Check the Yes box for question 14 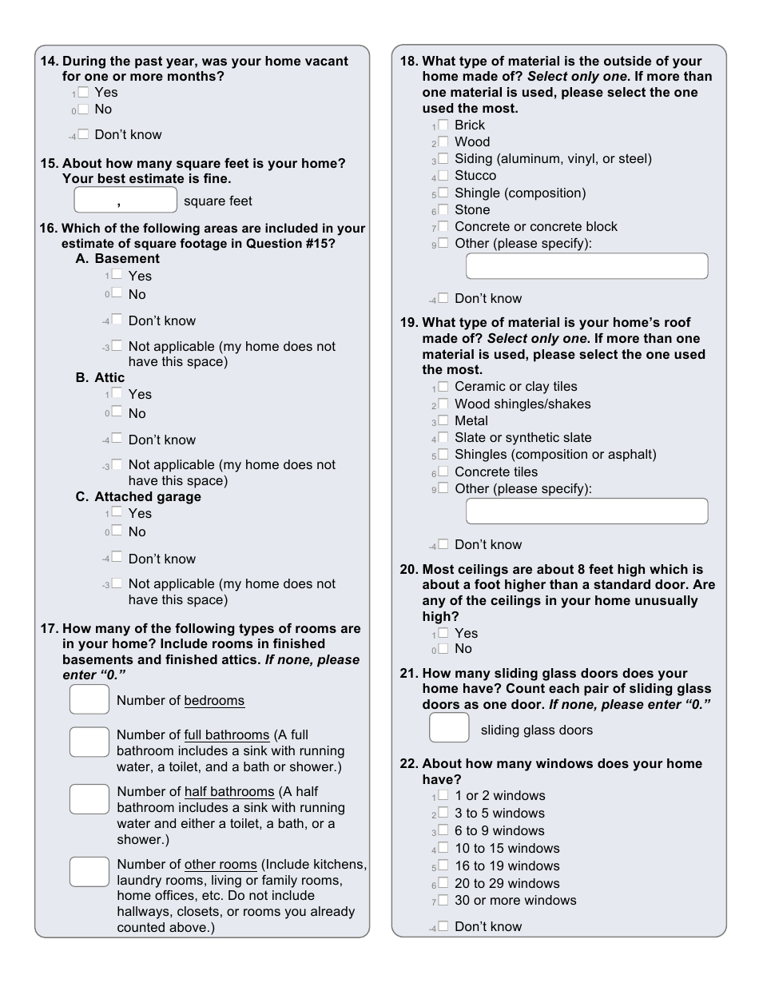83,92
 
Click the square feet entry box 125,200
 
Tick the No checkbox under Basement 117,293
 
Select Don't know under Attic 117,439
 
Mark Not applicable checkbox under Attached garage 117,583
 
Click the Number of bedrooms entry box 89,700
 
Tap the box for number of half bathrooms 89,798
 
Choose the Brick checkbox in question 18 443,125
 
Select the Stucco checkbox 443,175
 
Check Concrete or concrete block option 443,226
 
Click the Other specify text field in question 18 586,266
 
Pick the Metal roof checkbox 443,420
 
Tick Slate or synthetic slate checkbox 443,437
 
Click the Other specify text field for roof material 586,511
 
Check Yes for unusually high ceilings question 443,633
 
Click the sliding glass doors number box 449,728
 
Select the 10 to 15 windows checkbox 443,848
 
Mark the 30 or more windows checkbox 443,900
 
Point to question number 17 49,629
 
